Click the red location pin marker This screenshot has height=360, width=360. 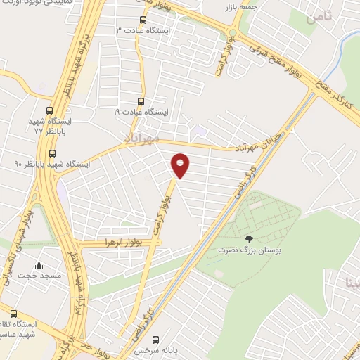(x=181, y=166)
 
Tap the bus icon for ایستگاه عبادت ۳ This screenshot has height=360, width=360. (x=143, y=20)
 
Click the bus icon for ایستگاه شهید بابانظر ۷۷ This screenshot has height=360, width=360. (x=49, y=110)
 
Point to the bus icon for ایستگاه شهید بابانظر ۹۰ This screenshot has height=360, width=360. (x=52, y=153)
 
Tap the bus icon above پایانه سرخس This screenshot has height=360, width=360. (x=156, y=338)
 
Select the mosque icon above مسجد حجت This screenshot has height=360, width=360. (x=39, y=266)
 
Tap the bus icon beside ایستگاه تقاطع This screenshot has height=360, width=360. (x=14, y=312)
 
